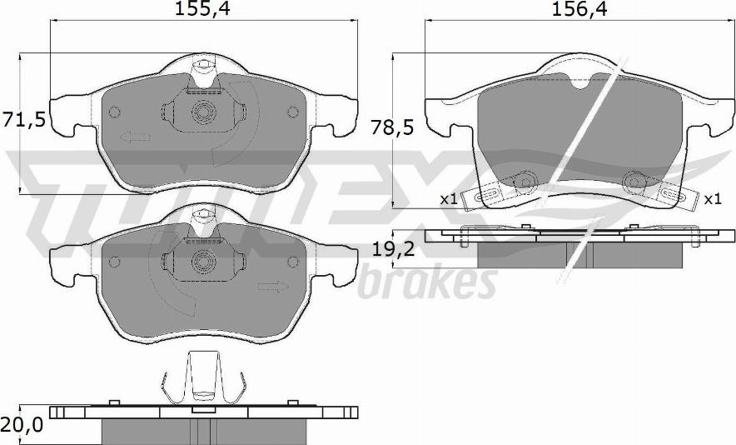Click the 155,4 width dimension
[x=203, y=9]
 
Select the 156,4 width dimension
[x=579, y=9]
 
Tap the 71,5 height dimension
[x=23, y=120]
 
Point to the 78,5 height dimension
[x=392, y=127]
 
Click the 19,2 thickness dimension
[x=393, y=248]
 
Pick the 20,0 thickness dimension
[x=22, y=425]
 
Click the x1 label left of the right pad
[x=449, y=199]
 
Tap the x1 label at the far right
[x=713, y=199]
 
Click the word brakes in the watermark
[x=428, y=282]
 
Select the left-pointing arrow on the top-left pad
[x=135, y=137]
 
